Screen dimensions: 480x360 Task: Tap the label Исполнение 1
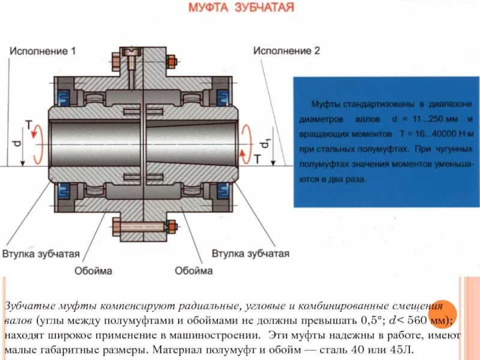coord(42,51)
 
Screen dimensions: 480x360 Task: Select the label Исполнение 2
coord(286,51)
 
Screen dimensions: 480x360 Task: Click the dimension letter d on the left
coord(17,143)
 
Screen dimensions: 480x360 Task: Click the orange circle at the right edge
coord(444,313)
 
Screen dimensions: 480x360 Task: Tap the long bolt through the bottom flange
coord(144,227)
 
